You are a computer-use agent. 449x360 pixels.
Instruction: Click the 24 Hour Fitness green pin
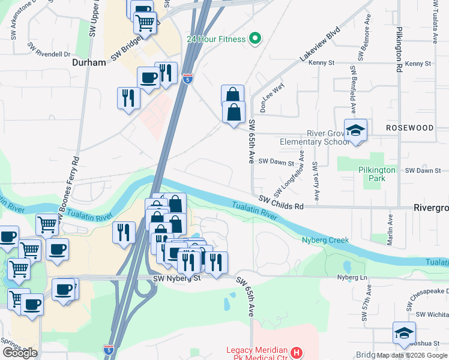point(255,39)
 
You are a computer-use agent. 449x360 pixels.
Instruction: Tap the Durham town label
point(89,62)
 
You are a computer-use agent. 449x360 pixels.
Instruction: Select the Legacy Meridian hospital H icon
point(295,352)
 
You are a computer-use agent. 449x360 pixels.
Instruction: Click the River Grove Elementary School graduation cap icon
point(356,131)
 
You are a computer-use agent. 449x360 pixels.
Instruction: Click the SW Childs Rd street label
point(282,202)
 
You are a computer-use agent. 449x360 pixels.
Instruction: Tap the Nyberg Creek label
point(325,240)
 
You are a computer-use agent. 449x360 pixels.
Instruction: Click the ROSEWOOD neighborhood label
point(409,128)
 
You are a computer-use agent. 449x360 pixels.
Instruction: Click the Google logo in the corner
point(20,353)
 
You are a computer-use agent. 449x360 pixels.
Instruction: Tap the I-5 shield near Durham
point(188,79)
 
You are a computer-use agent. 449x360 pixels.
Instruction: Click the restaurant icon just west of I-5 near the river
point(124,232)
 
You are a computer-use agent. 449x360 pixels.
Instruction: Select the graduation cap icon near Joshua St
point(404,332)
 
